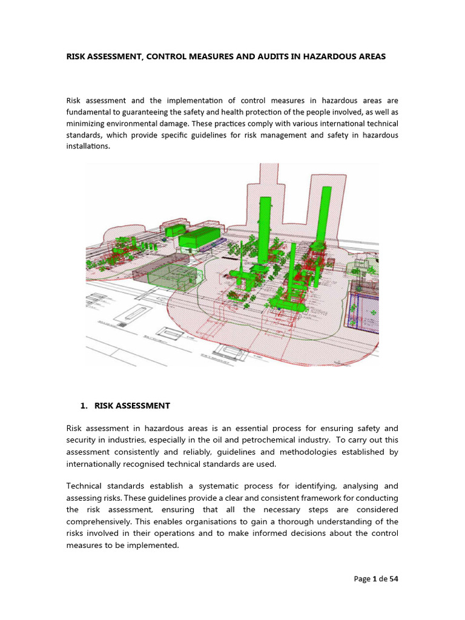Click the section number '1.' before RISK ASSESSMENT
[x=85, y=406]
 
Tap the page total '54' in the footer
[x=394, y=579]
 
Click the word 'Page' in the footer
[x=362, y=579]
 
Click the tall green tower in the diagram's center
[x=264, y=230]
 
